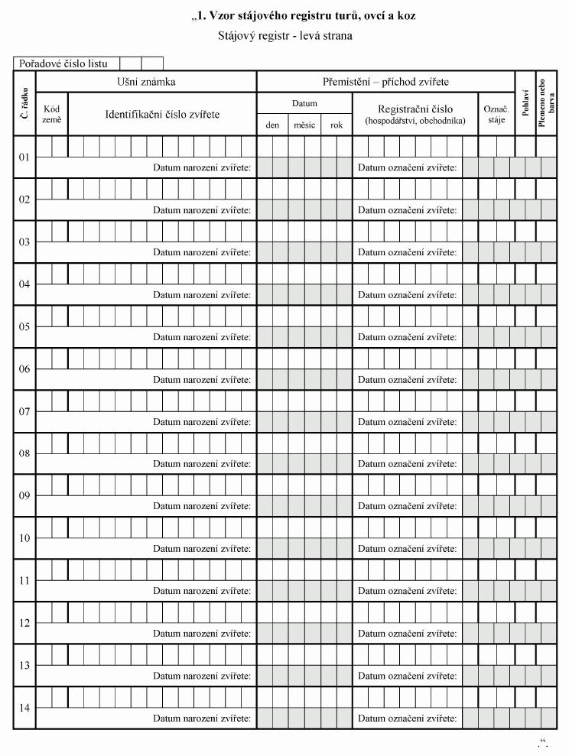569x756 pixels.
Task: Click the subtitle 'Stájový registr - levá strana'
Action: coord(284,35)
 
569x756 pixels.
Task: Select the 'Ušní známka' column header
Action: coord(146,81)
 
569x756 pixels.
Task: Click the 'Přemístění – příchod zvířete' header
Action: coord(385,81)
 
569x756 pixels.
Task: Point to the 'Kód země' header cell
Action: coord(52,114)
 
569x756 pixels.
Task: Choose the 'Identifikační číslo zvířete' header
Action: coord(162,114)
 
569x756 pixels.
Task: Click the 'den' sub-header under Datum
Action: coord(272,125)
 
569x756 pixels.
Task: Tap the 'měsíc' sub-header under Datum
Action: coord(304,125)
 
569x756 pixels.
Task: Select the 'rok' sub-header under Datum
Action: coord(337,125)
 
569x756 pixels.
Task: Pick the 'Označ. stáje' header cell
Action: coord(496,114)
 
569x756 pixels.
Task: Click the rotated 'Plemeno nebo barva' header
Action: coord(547,102)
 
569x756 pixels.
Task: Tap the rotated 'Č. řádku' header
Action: coord(24,102)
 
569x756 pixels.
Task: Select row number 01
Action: coord(24,157)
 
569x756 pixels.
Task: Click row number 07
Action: coord(24,411)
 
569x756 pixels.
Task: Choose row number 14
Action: coord(24,708)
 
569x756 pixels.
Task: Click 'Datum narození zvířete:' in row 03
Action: coord(202,251)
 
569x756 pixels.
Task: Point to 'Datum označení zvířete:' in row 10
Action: coord(408,548)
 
